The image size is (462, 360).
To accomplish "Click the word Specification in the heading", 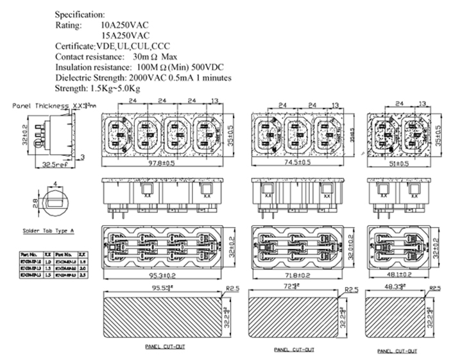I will [x=80, y=13].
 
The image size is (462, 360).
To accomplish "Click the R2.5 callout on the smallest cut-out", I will [x=436, y=289].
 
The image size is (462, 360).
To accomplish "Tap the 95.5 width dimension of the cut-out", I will [x=162, y=287].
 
